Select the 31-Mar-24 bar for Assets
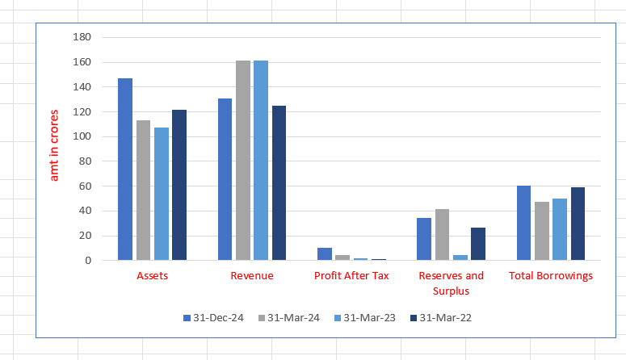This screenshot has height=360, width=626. coord(143,190)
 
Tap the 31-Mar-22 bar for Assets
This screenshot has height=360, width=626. coord(179,185)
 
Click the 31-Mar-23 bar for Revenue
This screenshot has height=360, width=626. coord(261,161)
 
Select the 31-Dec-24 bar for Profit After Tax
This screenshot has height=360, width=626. coord(325,254)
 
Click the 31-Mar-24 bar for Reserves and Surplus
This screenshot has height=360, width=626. coord(443,235)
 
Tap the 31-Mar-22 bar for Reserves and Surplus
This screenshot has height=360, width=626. coord(478,244)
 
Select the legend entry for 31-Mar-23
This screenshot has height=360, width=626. coord(363,318)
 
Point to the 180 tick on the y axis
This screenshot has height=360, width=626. coord(82,37)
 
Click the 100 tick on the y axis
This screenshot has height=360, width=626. coord(82,136)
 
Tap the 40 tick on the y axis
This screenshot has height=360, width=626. coord(86,211)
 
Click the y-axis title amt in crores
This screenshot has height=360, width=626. coord(55,145)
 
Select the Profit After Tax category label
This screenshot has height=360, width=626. coord(351,276)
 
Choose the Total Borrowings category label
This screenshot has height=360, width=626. coord(551,276)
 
